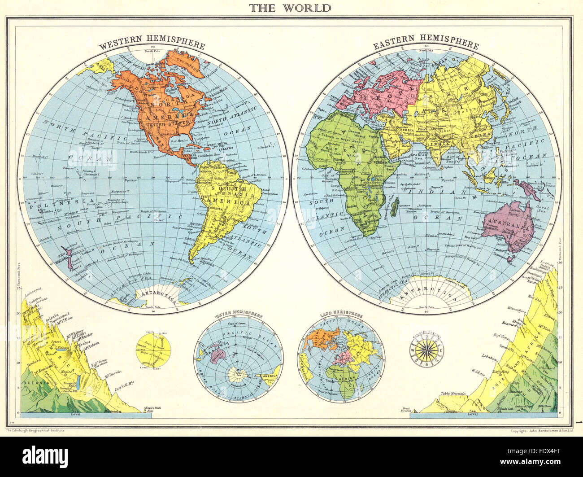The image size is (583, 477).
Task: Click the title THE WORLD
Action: tap(290, 8)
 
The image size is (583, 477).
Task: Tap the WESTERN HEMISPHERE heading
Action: tap(152, 46)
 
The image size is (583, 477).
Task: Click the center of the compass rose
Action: tap(426, 350)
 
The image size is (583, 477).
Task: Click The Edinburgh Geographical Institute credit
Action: tap(35, 430)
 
